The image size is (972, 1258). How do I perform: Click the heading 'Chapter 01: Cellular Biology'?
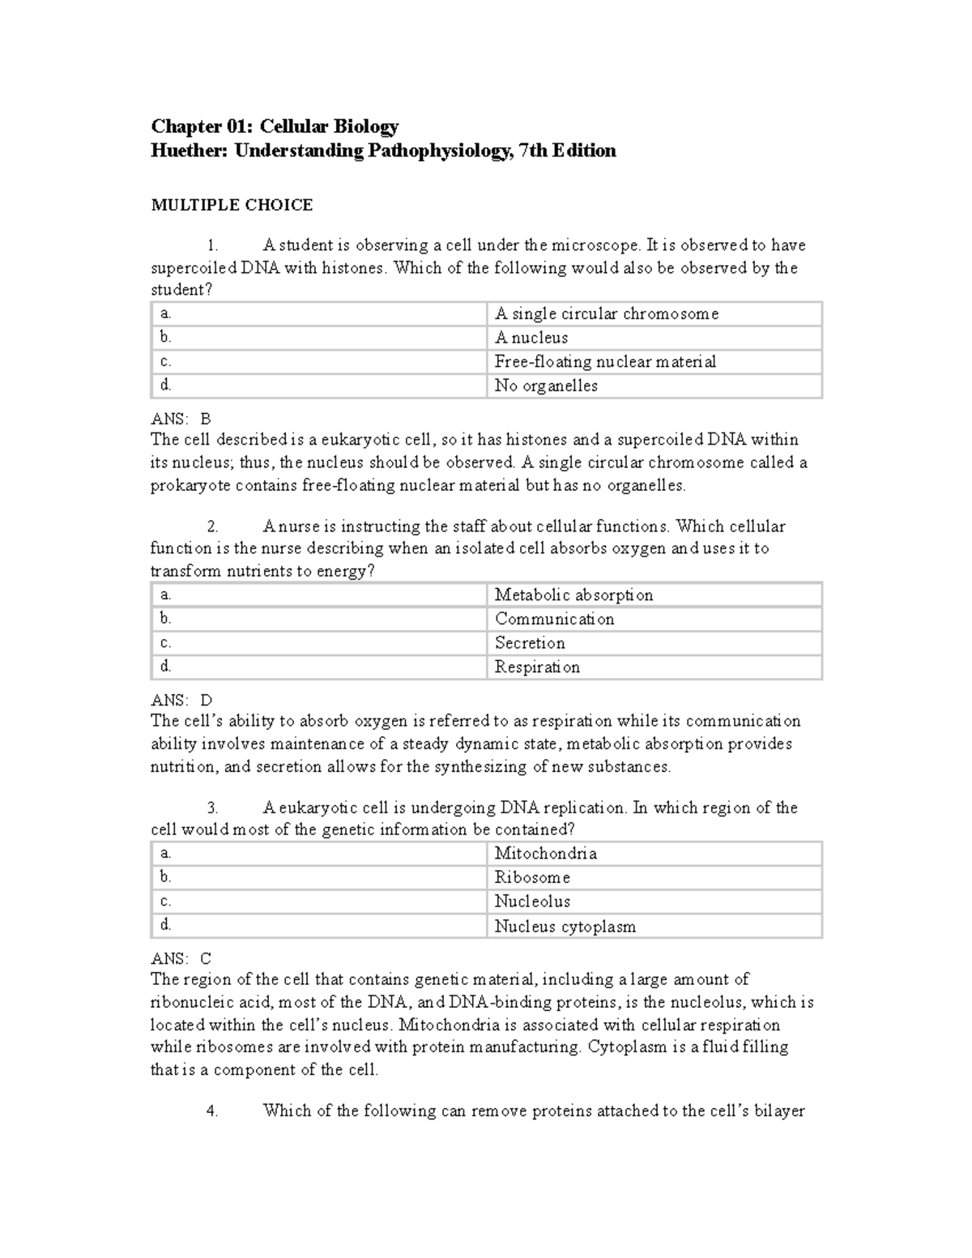coord(275,126)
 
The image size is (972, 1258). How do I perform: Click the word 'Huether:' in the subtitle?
coord(190,151)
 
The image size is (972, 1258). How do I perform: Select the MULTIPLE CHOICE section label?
coord(232,205)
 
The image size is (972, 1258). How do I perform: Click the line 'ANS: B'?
coord(181,419)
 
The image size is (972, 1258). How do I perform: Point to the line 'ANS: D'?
coord(181,700)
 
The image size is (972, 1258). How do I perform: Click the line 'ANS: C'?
coord(181,958)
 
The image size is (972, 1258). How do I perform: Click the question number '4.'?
coord(212,1111)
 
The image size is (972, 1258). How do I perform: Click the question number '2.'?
coord(212,527)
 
